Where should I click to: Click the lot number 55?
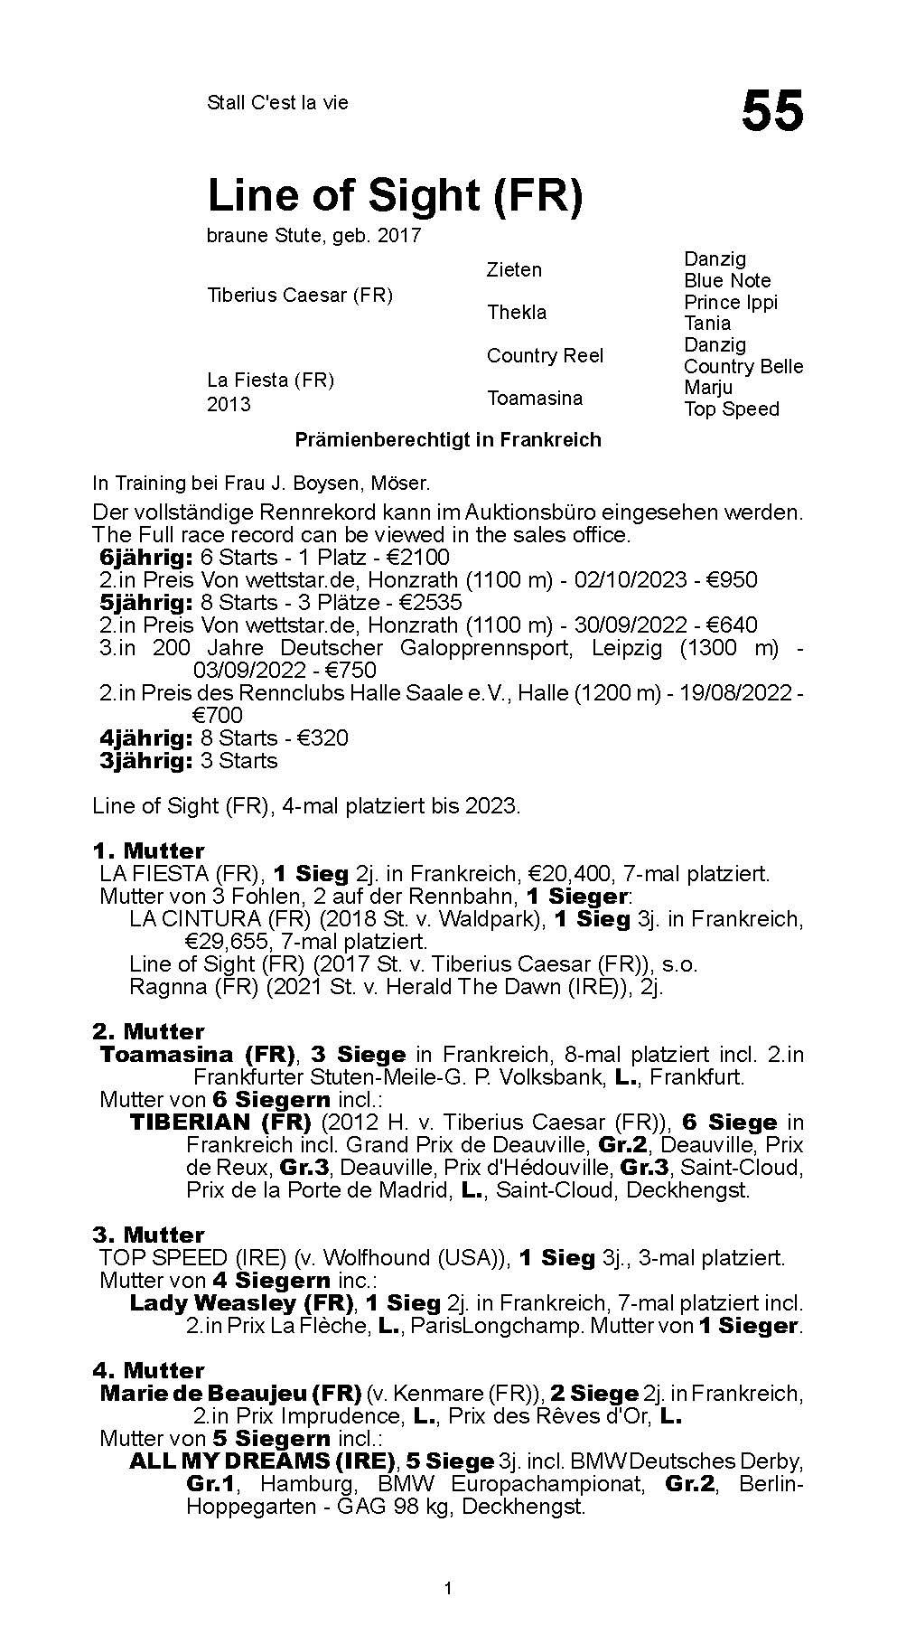[x=771, y=112]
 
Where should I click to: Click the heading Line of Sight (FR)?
[x=395, y=195]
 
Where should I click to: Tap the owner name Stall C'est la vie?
[x=277, y=103]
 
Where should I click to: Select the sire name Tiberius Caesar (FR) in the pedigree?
[x=300, y=296]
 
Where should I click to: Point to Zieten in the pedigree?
[x=514, y=270]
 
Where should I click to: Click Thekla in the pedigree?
[x=517, y=313]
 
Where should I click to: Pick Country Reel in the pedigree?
[x=545, y=355]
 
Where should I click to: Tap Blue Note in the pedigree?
[x=727, y=281]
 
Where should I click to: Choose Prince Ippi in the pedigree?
[x=730, y=302]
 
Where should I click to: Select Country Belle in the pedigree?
[x=743, y=366]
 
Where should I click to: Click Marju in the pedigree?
[x=708, y=387]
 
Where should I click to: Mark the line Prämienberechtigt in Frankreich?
[x=448, y=440]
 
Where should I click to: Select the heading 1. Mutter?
[x=148, y=850]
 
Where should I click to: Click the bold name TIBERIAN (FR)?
[x=220, y=1123]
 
